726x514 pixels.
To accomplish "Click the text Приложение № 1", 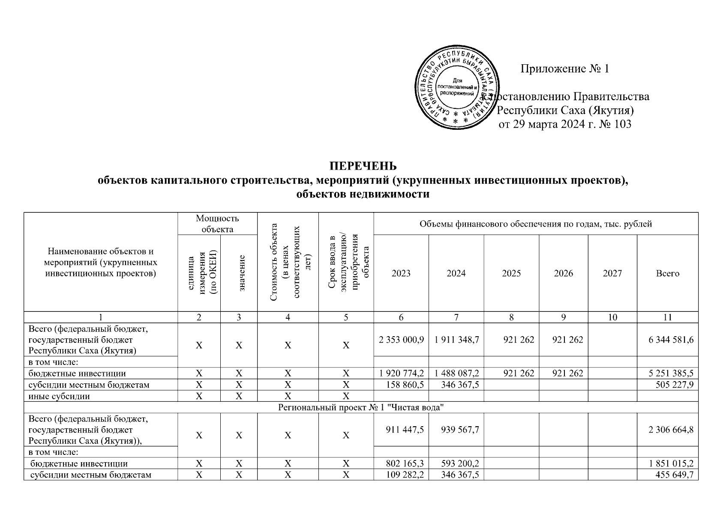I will [564, 69].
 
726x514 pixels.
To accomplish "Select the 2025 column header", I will [511, 273].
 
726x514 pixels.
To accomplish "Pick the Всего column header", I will [667, 273].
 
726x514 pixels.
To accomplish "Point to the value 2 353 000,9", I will [401, 340].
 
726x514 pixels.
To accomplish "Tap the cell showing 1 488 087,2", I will [456, 373].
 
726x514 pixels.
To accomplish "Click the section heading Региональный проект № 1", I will [360, 407].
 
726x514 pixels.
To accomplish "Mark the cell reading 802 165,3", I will [405, 463].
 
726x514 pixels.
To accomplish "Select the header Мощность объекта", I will [217, 224].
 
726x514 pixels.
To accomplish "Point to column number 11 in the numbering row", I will [667, 317].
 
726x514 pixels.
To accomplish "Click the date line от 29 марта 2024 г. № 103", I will [564, 125].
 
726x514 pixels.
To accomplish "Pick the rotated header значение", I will [242, 273].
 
